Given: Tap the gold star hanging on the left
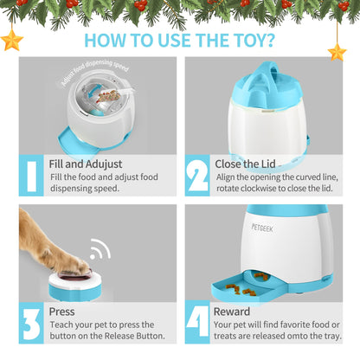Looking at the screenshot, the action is coord(12,41).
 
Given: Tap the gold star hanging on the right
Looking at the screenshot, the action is coord(337,52).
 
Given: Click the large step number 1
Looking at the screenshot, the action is coord(31,176).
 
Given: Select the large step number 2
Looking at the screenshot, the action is coord(197,176).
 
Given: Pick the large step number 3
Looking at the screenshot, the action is coord(32,324).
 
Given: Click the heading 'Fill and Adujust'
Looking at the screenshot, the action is coord(86,164).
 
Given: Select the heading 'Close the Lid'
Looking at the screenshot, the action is coord(245,164).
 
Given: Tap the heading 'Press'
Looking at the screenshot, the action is coord(61,312).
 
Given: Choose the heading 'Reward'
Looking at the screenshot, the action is coord(232,312).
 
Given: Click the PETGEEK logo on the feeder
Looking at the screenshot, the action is coord(262,228).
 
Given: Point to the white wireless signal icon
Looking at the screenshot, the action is coord(100,248).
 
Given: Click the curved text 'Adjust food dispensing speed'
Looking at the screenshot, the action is coord(94,71).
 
